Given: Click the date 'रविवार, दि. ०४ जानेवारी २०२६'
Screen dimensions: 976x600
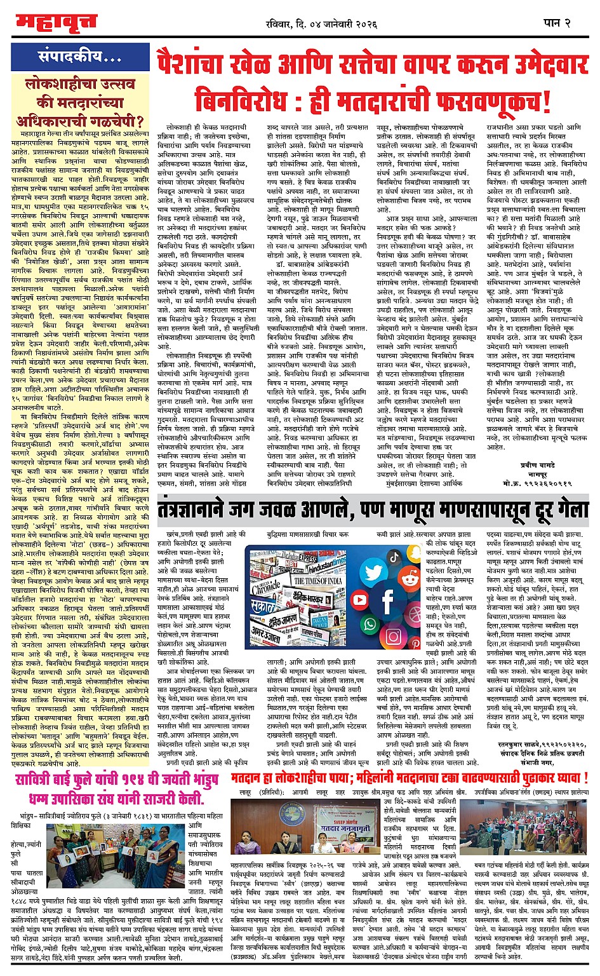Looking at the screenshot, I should [322, 24].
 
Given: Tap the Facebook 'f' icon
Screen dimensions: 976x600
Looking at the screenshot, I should [387, 601].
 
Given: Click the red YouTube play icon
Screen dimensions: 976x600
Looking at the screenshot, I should [360, 600].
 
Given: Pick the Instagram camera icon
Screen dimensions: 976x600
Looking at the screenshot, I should [394, 636].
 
